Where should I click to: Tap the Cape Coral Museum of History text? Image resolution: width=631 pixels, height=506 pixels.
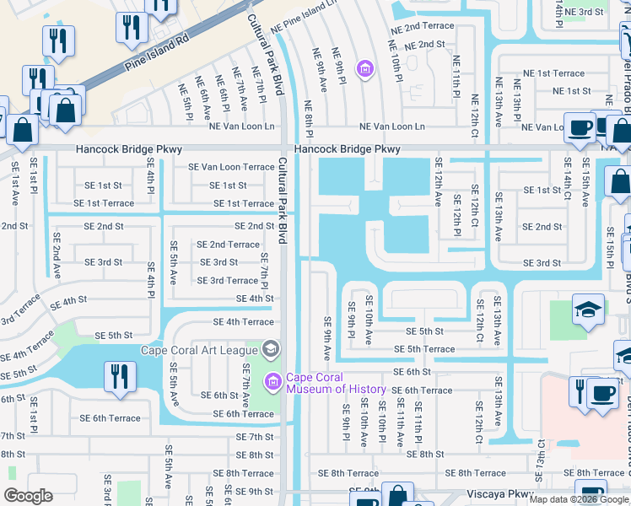coord(336,383)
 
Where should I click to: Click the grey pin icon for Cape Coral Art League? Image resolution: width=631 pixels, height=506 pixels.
coord(271,348)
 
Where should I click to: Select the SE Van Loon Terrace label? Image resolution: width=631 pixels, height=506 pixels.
coord(231,167)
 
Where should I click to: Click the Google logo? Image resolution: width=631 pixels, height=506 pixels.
coord(28,496)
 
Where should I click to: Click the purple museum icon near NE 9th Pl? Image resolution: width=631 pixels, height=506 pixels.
coord(364,68)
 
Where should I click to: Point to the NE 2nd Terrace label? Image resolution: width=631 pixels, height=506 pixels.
coord(422,27)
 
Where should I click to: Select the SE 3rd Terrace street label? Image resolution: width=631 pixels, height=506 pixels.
coord(228,281)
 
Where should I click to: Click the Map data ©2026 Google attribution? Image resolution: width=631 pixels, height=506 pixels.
coord(579,499)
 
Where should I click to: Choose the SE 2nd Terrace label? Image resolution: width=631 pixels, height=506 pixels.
coord(228,245)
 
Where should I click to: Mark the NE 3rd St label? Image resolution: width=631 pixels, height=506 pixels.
coord(584,12)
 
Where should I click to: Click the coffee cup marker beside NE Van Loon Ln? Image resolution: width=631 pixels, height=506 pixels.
coord(579,127)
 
